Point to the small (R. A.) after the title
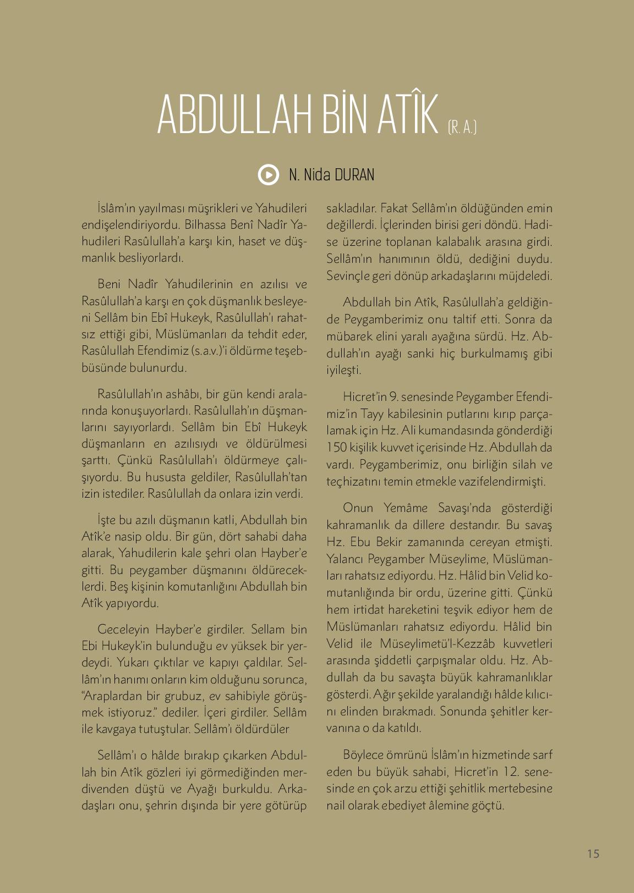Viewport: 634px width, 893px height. click(x=461, y=128)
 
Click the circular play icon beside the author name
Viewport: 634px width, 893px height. click(x=268, y=175)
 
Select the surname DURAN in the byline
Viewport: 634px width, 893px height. click(x=353, y=175)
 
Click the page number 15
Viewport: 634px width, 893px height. click(x=593, y=854)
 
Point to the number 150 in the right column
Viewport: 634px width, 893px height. click(x=336, y=447)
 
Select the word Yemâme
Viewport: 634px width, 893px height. click(x=400, y=508)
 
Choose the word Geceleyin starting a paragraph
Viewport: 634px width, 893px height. click(x=122, y=629)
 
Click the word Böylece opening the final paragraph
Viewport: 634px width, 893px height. click(x=363, y=754)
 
